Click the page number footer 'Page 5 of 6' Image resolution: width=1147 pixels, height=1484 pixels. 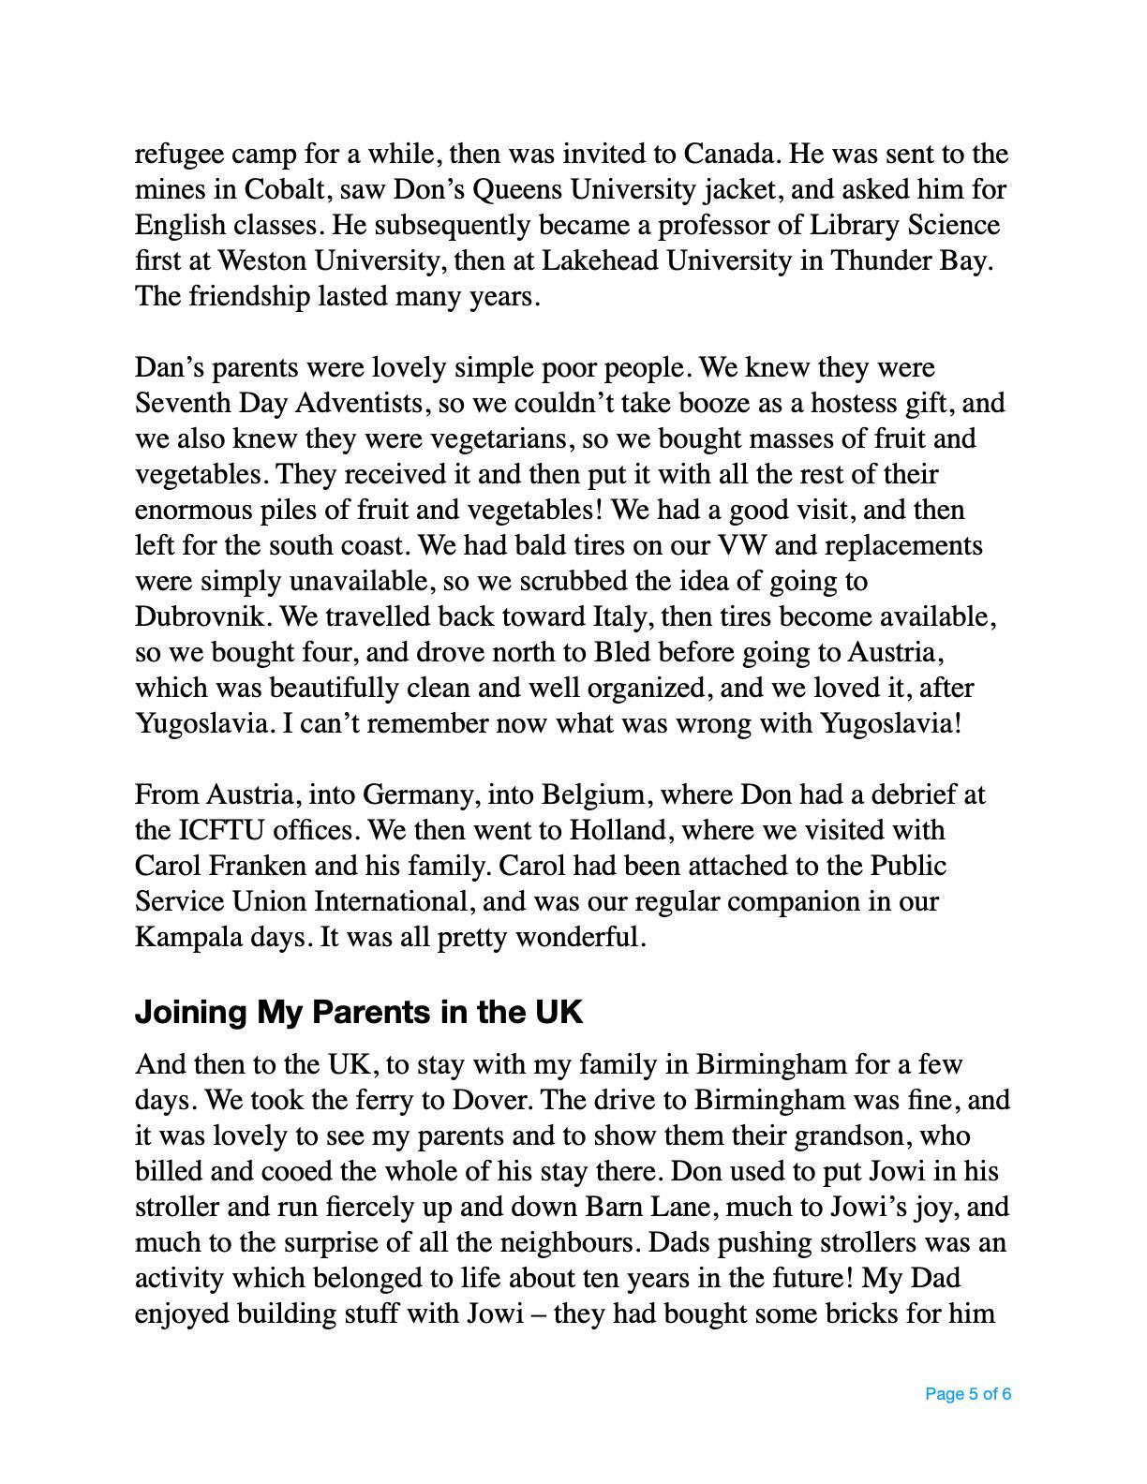[967, 1394]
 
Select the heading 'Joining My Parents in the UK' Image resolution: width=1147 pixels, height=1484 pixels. [358, 1013]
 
